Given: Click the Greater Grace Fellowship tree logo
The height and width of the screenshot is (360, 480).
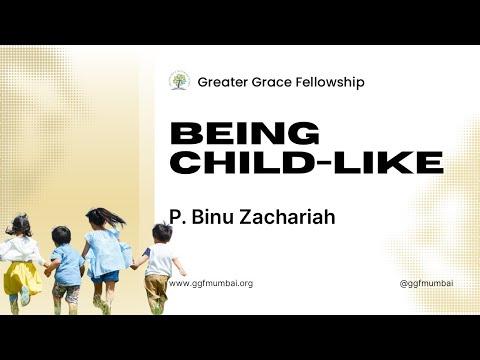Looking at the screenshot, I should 179,81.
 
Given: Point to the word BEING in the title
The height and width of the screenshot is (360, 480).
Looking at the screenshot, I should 245,133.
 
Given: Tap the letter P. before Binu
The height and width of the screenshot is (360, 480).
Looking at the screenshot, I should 175,215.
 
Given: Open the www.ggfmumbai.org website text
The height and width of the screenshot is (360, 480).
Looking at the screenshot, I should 211,283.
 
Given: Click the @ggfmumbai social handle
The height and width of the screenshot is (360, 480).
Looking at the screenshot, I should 426,283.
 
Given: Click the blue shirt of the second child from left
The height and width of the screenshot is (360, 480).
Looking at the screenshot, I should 68,266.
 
